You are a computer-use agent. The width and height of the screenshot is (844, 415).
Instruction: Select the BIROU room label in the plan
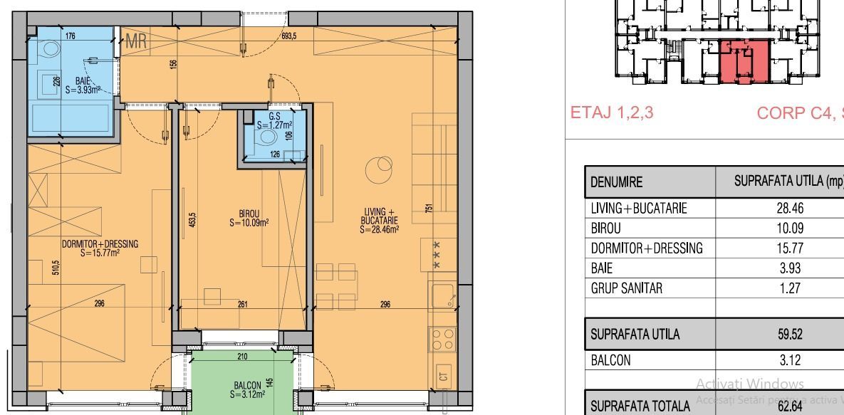coord(249,217)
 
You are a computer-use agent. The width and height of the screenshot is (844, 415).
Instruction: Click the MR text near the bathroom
coord(136,42)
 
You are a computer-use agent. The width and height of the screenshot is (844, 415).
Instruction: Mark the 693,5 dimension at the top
coord(288,36)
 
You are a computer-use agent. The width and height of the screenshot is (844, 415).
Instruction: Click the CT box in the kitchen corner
coord(444,376)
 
